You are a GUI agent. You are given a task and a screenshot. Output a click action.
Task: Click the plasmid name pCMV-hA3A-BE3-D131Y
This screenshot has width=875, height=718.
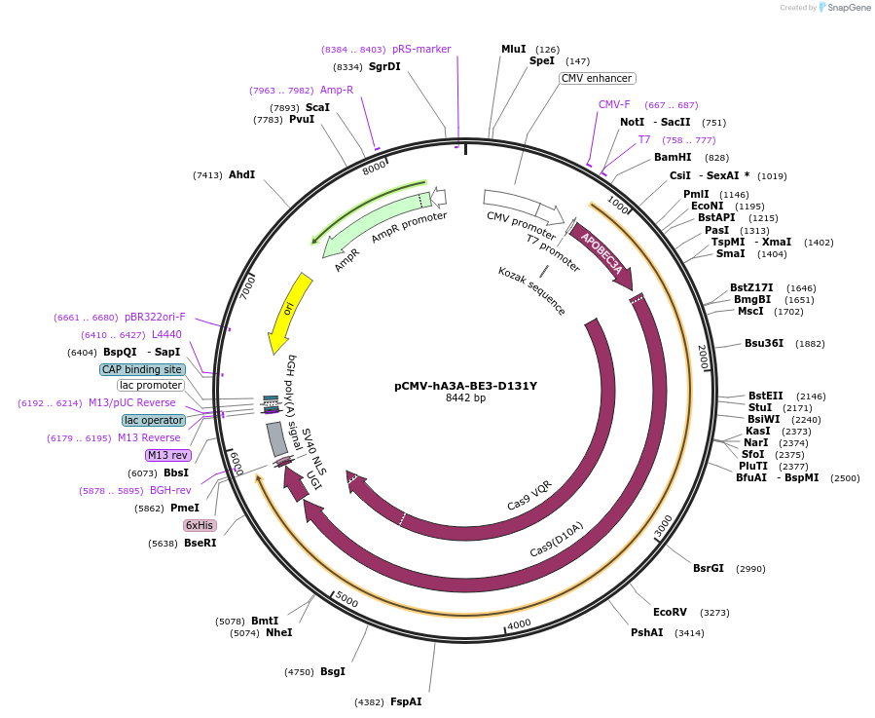coord(465,385)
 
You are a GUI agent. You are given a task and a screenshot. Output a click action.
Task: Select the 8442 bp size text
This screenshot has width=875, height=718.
coord(465,397)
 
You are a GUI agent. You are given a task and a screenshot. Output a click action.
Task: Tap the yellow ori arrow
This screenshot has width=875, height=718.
coord(291,313)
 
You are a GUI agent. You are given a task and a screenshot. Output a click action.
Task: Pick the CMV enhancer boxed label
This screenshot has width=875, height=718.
coord(597,78)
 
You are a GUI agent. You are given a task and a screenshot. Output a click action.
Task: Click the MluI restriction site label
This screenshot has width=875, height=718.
coord(513,49)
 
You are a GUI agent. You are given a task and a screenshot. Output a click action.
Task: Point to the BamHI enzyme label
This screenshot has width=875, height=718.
coord(672,157)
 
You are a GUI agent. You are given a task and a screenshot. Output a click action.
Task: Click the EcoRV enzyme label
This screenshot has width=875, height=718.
coord(670,612)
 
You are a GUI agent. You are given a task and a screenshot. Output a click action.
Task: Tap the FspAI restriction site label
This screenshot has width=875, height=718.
coord(406,701)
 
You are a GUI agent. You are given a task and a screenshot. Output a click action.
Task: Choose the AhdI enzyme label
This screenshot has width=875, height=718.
coord(241,174)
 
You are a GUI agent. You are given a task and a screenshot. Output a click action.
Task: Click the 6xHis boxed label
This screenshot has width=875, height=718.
coord(200,525)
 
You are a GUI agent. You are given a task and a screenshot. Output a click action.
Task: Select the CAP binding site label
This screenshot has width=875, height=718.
coord(142,369)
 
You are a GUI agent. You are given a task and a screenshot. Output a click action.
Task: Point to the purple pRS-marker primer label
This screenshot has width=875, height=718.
coord(421,49)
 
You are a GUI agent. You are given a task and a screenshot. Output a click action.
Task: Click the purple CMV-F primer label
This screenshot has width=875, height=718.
coord(614,104)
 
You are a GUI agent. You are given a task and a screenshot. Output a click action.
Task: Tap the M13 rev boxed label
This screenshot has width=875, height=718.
coord(167,455)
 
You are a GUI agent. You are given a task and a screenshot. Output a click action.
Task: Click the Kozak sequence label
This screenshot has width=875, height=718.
coord(531,290)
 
